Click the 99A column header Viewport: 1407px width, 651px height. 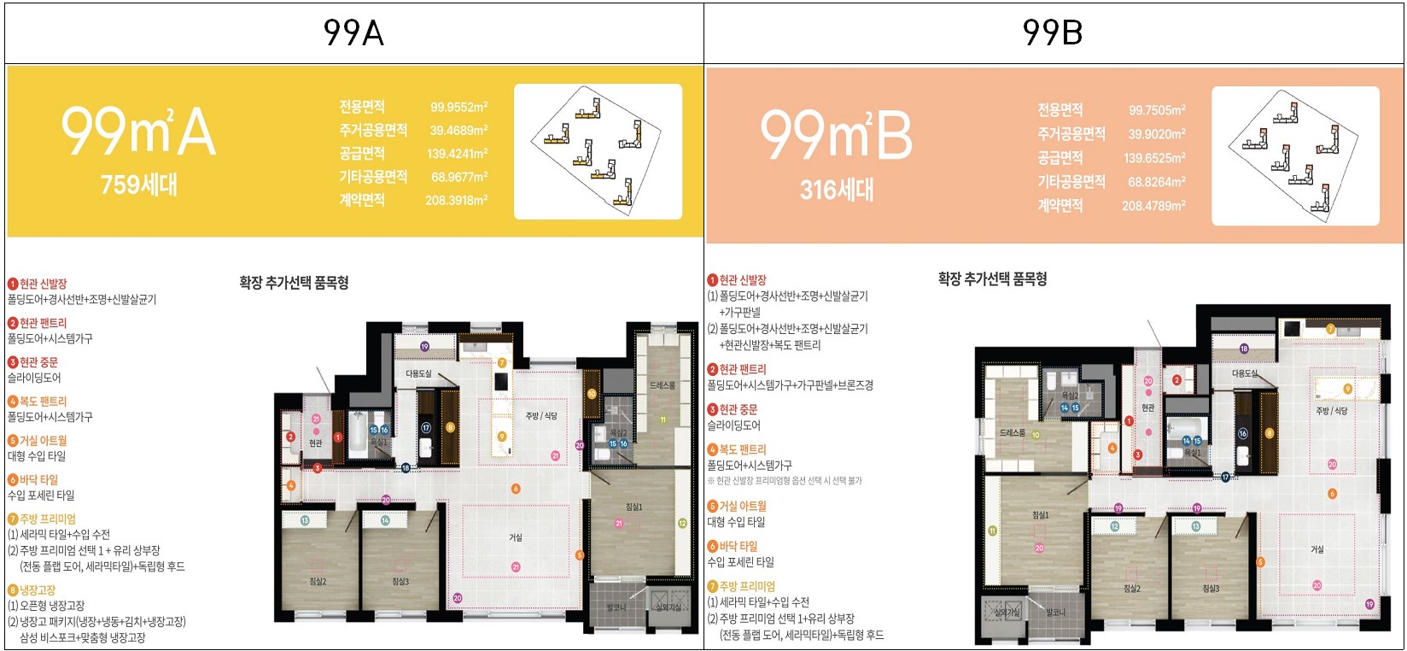click(353, 33)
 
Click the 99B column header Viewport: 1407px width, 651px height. click(1053, 33)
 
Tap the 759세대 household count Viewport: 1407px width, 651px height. click(138, 185)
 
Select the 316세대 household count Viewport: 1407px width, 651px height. click(837, 190)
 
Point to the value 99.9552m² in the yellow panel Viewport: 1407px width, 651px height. click(458, 108)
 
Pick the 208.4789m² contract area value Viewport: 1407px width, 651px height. click(1153, 206)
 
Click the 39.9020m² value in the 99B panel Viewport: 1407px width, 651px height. click(1156, 134)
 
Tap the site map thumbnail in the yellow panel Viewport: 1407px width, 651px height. click(598, 151)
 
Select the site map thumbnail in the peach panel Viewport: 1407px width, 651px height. click(1295, 155)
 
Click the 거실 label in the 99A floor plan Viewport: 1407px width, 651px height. click(516, 537)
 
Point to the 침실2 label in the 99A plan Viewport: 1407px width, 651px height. click(318, 582)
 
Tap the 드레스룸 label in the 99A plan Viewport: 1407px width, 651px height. click(662, 386)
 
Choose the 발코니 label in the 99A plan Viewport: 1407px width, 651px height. click(616, 607)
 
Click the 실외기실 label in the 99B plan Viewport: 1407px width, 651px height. click(1007, 613)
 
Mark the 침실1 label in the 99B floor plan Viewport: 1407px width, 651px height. click(1040, 515)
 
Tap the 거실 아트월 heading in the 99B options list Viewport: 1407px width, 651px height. click(742, 506)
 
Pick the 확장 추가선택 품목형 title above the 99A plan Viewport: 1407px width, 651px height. click(294, 283)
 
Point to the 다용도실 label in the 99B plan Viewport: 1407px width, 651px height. click(1245, 374)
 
